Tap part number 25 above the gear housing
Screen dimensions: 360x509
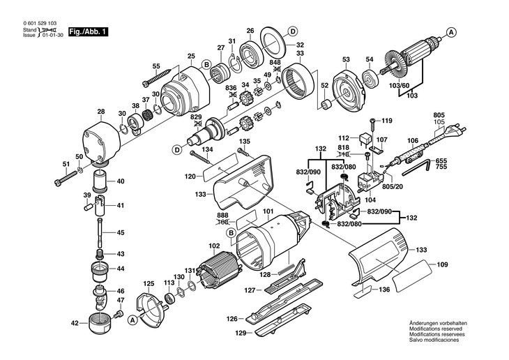(x=190, y=56)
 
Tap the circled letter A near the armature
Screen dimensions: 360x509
(x=451, y=32)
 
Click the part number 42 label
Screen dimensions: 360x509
(x=75, y=323)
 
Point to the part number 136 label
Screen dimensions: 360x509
(x=384, y=291)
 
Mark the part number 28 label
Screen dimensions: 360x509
(x=101, y=112)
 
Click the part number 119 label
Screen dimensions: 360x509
(x=387, y=120)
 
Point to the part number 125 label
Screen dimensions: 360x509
(x=149, y=284)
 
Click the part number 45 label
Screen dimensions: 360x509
(x=120, y=232)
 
